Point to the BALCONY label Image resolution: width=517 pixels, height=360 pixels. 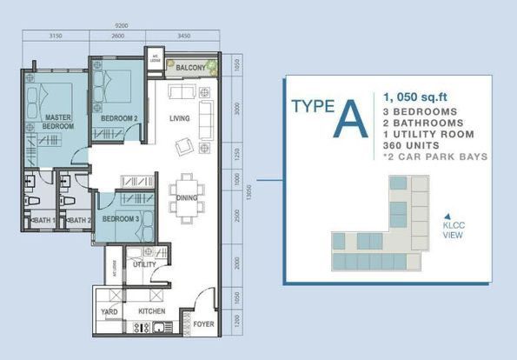click(190, 67)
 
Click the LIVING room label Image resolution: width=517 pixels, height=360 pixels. click(180, 118)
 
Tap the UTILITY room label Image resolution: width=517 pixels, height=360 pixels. click(143, 264)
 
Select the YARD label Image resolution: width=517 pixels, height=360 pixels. click(110, 310)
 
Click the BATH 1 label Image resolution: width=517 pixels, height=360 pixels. click(44, 221)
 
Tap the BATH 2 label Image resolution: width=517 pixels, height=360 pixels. click(79, 221)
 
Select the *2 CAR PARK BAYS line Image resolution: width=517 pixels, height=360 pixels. click(433, 157)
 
